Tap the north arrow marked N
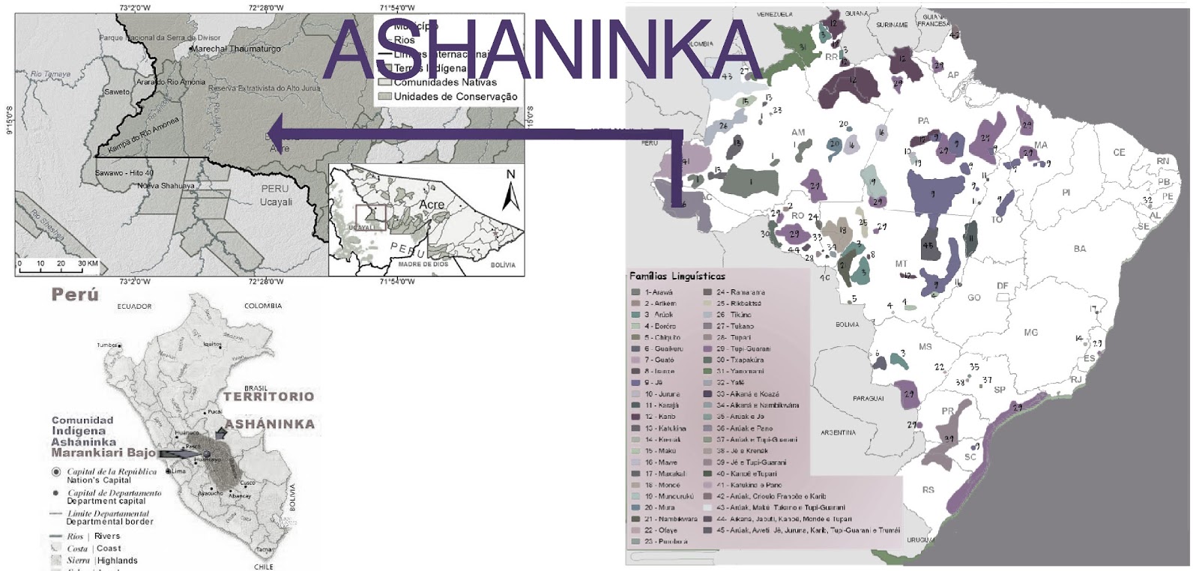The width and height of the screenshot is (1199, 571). (x=510, y=191)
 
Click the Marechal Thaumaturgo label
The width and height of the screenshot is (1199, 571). (x=235, y=49)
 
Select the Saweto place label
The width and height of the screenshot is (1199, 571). (x=117, y=92)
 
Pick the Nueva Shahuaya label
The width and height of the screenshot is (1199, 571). (x=166, y=186)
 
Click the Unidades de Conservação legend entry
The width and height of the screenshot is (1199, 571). (x=455, y=97)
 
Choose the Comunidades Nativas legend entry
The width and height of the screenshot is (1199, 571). (x=445, y=82)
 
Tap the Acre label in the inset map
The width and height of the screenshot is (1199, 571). (x=432, y=205)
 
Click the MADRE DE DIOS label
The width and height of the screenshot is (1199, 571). (x=423, y=264)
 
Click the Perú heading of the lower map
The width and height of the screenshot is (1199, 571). (x=75, y=294)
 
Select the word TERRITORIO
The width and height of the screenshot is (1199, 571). (x=268, y=396)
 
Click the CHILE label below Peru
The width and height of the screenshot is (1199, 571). (x=263, y=567)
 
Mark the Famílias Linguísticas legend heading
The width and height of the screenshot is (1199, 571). (x=677, y=276)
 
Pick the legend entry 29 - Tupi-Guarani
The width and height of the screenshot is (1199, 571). (x=743, y=348)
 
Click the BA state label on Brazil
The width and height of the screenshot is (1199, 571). (x=1079, y=249)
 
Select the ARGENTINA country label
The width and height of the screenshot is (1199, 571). (x=838, y=432)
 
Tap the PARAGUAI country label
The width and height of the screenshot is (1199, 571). (x=868, y=398)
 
